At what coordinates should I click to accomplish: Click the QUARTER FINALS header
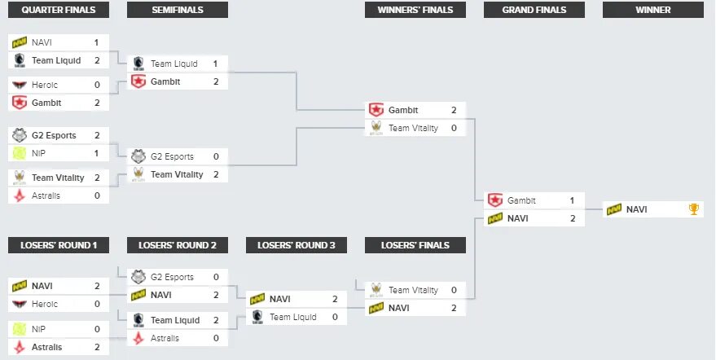[58, 10]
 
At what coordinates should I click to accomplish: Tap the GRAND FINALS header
[534, 10]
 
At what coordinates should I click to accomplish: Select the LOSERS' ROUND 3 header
[297, 245]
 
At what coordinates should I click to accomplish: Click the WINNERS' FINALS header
[415, 10]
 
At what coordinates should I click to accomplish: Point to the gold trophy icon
[694, 209]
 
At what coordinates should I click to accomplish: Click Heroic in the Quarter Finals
[46, 85]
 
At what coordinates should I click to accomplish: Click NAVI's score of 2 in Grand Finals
[573, 218]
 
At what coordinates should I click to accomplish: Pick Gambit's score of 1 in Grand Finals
[573, 200]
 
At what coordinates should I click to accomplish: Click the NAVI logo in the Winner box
[614, 209]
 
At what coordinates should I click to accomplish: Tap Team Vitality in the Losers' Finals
[413, 290]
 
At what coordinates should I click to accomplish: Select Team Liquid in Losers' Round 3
[293, 317]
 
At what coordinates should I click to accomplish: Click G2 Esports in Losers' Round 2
[172, 277]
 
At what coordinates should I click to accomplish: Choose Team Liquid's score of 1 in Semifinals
[215, 64]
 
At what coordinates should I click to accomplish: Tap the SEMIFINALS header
[178, 10]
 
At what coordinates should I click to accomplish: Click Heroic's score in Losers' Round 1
[97, 304]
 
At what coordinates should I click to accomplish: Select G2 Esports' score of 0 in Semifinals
[216, 156]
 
